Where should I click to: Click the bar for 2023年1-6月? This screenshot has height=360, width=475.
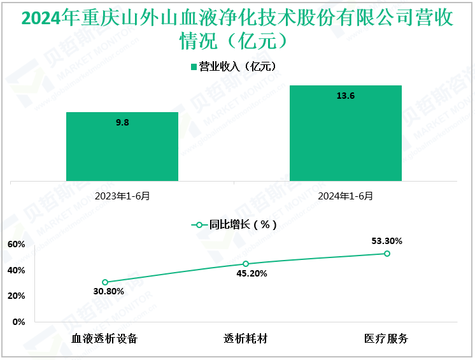[x=122, y=147]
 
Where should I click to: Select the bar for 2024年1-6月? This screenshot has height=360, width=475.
[x=346, y=133]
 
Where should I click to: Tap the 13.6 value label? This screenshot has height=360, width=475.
[x=346, y=96]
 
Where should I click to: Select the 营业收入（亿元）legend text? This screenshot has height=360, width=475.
[x=237, y=66]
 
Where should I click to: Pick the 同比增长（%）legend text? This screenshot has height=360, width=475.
[x=243, y=225]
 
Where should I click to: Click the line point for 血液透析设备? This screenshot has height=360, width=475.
[x=105, y=282]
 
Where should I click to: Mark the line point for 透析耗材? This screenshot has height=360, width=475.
[x=246, y=264]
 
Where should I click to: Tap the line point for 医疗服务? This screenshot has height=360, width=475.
[x=386, y=254]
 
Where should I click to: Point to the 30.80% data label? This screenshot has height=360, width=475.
[x=104, y=292]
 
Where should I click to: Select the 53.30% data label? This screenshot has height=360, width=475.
[x=386, y=241]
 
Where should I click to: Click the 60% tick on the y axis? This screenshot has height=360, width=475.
[x=16, y=245]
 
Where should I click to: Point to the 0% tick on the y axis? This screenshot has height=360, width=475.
[x=19, y=322]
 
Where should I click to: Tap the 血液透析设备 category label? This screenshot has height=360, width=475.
[x=105, y=338]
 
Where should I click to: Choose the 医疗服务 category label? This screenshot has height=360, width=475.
[x=386, y=338]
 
